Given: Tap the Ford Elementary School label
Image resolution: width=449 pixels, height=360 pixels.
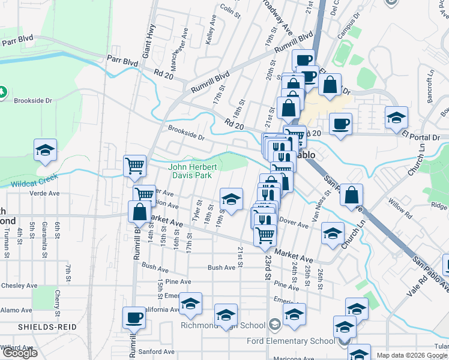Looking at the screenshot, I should [x=291, y=341].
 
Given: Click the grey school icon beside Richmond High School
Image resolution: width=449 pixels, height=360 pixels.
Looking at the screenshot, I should [x=274, y=325].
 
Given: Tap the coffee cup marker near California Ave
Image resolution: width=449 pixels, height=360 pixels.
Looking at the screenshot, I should [x=134, y=317].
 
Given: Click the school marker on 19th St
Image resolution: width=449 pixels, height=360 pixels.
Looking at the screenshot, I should [x=231, y=198].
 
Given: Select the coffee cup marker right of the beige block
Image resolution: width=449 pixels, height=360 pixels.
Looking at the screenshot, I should [x=340, y=124].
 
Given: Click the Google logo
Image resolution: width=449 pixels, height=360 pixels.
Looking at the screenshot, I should [x=20, y=353].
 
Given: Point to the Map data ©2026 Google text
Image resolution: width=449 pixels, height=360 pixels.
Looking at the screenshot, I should [x=412, y=355].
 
